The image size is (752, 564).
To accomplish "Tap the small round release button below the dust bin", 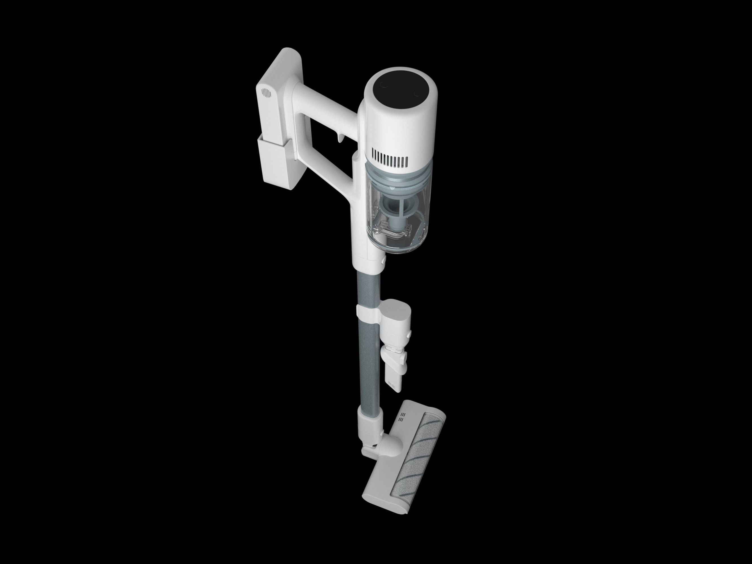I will click(x=383, y=260).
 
